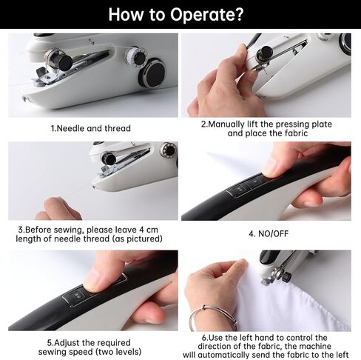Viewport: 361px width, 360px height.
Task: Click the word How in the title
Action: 126,14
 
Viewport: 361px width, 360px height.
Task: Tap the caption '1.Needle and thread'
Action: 90,128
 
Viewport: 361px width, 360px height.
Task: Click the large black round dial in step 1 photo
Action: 153,73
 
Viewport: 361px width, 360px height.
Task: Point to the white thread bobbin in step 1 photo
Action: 135,57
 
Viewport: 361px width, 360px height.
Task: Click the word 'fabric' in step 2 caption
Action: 296,133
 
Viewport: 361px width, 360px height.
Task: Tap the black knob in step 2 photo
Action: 264,53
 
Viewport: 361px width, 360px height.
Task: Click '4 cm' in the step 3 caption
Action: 149,230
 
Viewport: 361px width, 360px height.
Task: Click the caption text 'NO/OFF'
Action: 273,233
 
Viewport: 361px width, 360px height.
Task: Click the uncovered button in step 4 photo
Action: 239,190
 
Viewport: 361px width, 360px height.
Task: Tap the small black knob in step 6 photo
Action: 287,277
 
